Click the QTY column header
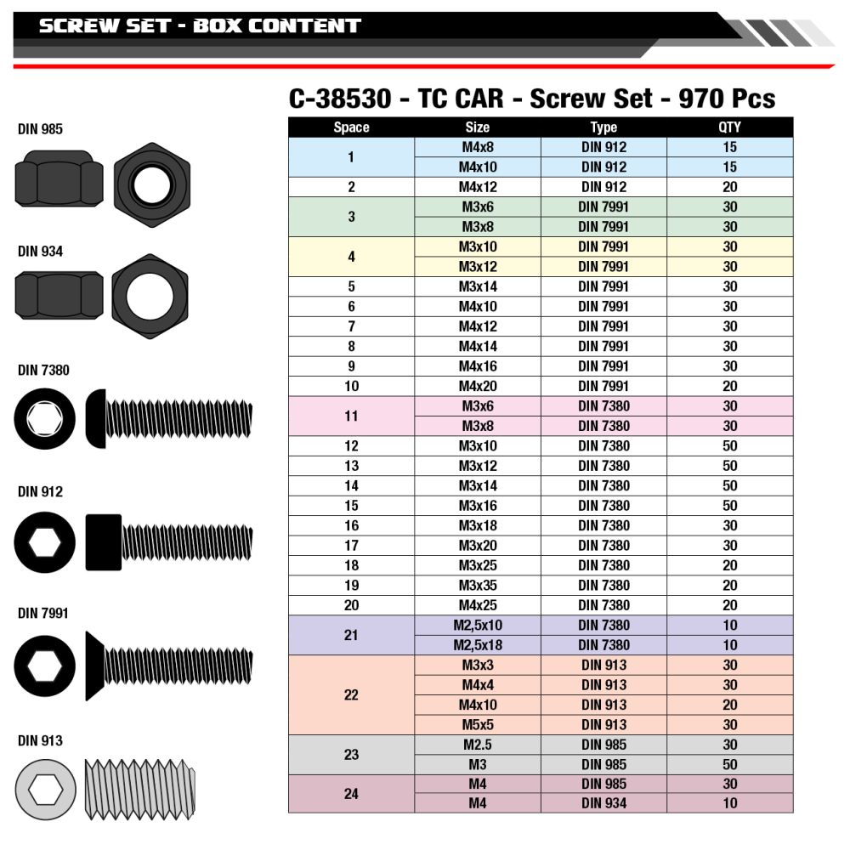pyautogui.click(x=729, y=127)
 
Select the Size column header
pyautogui.click(x=478, y=127)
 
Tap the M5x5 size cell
pyautogui.click(x=478, y=724)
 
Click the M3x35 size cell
pyautogui.click(x=478, y=585)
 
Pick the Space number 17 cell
pyautogui.click(x=351, y=546)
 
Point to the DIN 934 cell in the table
pyautogui.click(x=603, y=803)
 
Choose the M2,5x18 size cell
pyautogui.click(x=478, y=645)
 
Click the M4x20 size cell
pyautogui.click(x=478, y=386)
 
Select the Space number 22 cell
pyautogui.click(x=351, y=694)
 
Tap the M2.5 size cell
pyautogui.click(x=478, y=745)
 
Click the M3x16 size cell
pyautogui.click(x=478, y=506)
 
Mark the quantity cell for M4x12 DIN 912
pyautogui.click(x=729, y=187)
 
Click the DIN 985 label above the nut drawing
pyautogui.click(x=40, y=129)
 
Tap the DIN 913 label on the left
pyautogui.click(x=40, y=740)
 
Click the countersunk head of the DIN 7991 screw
pyautogui.click(x=94, y=666)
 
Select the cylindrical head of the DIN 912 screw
pyautogui.click(x=103, y=541)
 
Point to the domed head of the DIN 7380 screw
pyautogui.click(x=95, y=418)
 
